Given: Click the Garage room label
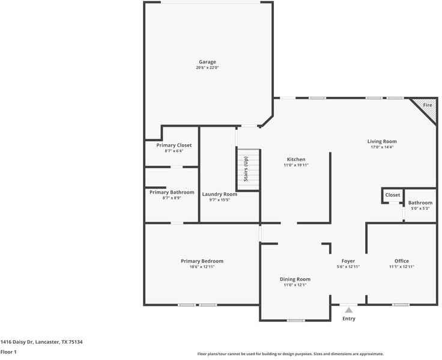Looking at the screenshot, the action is click(x=207, y=62).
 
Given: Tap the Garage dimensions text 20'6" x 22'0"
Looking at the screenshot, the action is click(x=207, y=68).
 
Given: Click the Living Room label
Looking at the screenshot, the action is click(x=382, y=141).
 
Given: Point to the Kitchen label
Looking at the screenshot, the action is click(x=296, y=159).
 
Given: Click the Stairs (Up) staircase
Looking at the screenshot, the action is click(x=248, y=169).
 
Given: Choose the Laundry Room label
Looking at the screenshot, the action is click(x=220, y=194).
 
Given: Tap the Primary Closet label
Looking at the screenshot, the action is click(x=174, y=145).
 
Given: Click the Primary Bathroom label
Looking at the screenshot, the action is click(x=172, y=192).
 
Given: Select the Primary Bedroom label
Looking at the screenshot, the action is click(x=202, y=261).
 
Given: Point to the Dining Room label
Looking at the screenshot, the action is click(x=295, y=279).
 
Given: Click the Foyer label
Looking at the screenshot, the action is click(x=348, y=261).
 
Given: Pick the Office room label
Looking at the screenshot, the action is click(x=402, y=261).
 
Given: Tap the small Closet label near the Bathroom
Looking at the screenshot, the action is click(x=393, y=195).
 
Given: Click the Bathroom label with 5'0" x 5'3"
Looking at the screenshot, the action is click(x=420, y=203).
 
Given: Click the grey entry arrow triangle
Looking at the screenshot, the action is click(x=349, y=310).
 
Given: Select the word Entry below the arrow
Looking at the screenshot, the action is click(x=349, y=319).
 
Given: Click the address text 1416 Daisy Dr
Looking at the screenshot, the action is click(x=17, y=342).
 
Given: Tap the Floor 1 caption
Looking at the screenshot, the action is click(x=8, y=352).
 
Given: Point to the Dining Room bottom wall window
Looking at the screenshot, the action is click(x=295, y=320).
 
